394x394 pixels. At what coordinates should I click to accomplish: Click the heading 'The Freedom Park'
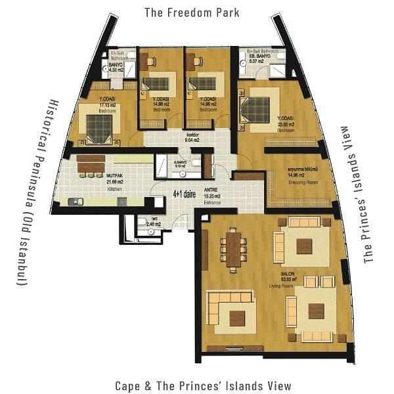click(192, 12)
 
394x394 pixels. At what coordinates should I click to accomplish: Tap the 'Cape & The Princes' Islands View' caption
click(202, 385)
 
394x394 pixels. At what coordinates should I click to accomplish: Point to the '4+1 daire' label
click(185, 195)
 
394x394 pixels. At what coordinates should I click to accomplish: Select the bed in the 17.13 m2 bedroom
click(99, 127)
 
